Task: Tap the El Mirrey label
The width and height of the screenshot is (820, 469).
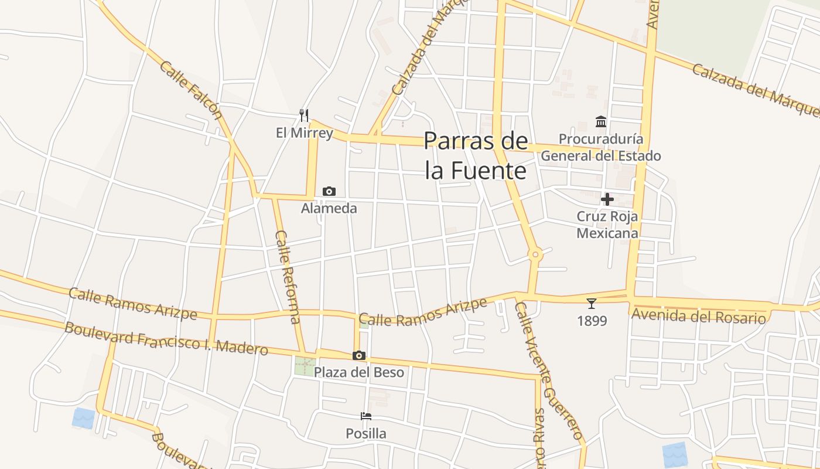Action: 304,133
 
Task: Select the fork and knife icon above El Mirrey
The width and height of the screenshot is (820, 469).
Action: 303,115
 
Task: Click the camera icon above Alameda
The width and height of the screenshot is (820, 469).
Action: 329,191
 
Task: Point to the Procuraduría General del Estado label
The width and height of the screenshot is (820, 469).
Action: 600,147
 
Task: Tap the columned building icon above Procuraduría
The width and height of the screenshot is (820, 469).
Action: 601,121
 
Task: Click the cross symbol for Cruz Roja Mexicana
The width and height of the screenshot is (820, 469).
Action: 607,199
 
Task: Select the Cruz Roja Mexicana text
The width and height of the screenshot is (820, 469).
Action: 607,225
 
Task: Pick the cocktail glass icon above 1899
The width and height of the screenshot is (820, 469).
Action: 592,303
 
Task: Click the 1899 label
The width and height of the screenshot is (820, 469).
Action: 592,321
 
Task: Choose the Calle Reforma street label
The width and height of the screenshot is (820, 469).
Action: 288,277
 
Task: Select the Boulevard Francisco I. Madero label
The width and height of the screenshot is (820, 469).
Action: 166,338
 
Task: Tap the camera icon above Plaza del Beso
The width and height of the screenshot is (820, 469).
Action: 359,355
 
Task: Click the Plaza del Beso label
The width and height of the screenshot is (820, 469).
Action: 358,372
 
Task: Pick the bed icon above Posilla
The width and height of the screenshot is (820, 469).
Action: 366,416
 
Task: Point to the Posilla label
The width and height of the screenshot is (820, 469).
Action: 366,434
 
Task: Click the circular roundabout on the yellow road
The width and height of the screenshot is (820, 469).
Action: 535,255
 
